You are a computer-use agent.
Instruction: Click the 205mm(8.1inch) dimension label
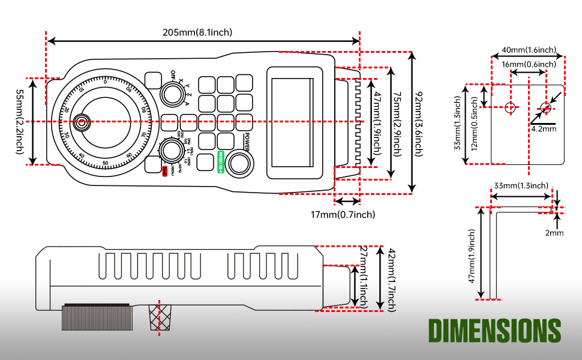click(197, 32)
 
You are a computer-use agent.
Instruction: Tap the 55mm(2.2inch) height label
click(20, 121)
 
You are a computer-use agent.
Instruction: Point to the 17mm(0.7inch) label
click(343, 214)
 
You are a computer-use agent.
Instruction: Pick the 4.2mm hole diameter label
click(543, 128)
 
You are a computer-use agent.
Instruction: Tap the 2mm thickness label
click(555, 232)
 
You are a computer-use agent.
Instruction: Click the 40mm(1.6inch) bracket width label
click(529, 49)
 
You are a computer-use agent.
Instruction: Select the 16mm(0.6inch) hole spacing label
click(529, 64)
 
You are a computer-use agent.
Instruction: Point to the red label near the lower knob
click(165, 172)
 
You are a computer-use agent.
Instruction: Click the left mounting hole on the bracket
click(510, 107)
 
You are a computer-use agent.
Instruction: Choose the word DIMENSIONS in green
click(494, 331)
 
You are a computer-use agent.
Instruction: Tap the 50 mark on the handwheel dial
click(106, 163)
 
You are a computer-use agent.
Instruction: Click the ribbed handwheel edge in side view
click(96, 316)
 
